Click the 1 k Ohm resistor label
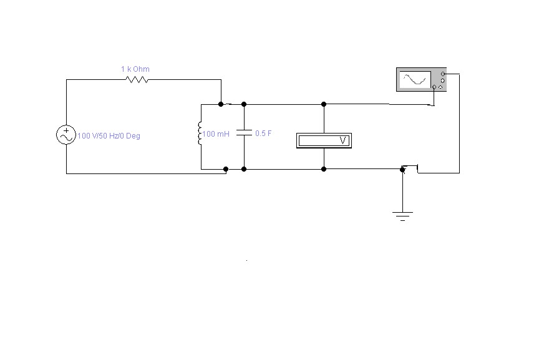tap(135, 69)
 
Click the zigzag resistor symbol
tap(137, 80)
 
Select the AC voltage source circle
tap(66, 135)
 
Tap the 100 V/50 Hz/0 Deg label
tap(109, 136)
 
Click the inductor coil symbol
tap(200, 134)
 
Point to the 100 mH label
tap(216, 134)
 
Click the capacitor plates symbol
tap(244, 133)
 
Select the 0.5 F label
tap(263, 134)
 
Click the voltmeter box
tap(324, 140)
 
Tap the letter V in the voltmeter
tap(343, 140)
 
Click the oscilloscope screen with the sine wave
tap(415, 80)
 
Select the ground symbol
tap(402, 216)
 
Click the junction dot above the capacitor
tap(244, 104)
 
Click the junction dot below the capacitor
tap(244, 169)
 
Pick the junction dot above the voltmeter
tap(324, 104)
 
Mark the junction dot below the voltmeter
tap(324, 169)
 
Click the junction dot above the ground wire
tap(402, 169)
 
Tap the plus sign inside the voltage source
tap(66, 130)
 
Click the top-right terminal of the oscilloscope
tap(443, 74)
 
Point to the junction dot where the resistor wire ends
tap(221, 104)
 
